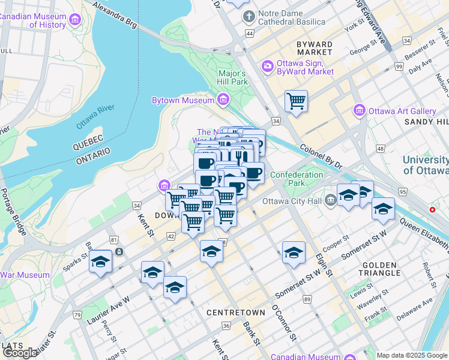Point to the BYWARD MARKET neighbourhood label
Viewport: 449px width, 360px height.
(315, 48)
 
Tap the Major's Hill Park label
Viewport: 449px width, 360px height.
(232, 77)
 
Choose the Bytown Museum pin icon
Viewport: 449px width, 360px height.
(223, 99)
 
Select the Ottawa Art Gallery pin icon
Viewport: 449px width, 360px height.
(360, 110)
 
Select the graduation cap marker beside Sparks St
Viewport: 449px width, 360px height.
(101, 262)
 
